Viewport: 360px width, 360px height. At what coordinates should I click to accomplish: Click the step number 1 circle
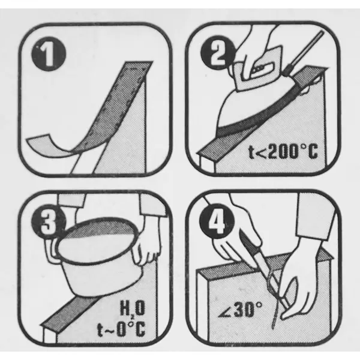49,54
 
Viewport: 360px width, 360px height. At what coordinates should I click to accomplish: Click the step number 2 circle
217,52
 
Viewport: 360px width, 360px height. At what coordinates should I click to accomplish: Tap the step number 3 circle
49,221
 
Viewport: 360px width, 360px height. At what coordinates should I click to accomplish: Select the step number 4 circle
217,220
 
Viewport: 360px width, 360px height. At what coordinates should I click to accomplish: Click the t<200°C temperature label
283,151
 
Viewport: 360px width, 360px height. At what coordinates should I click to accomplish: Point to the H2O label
133,308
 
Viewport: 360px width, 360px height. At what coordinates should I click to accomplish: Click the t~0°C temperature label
122,329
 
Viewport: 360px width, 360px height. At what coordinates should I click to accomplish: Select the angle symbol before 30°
224,311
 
